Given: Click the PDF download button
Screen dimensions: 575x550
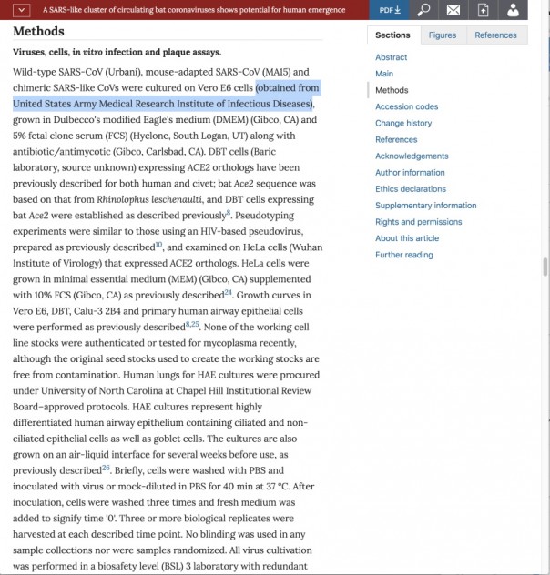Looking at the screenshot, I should [x=391, y=10].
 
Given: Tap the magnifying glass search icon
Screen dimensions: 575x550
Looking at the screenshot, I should [x=423, y=10].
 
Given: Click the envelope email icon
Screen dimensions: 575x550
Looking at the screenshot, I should [x=453, y=10].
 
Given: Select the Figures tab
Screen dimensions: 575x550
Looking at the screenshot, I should [x=443, y=35].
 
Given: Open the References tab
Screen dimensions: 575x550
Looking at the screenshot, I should [x=495, y=35].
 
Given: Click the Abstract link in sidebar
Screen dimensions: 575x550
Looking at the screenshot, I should [x=392, y=57].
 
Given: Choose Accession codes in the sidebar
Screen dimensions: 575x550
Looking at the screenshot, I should [x=406, y=106].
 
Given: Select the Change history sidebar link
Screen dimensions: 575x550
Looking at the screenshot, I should [x=403, y=123].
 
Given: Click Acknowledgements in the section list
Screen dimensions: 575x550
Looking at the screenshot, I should [x=412, y=156].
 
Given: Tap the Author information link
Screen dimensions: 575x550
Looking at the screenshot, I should [x=410, y=172].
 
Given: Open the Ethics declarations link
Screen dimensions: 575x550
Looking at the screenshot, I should [x=411, y=188].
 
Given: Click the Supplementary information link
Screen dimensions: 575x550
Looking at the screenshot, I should [x=425, y=206].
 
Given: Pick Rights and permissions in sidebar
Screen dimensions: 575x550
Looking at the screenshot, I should [x=418, y=222].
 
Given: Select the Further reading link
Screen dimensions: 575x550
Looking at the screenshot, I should [x=403, y=255].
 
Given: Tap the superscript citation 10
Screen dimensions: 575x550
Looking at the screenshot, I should [x=158, y=244].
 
